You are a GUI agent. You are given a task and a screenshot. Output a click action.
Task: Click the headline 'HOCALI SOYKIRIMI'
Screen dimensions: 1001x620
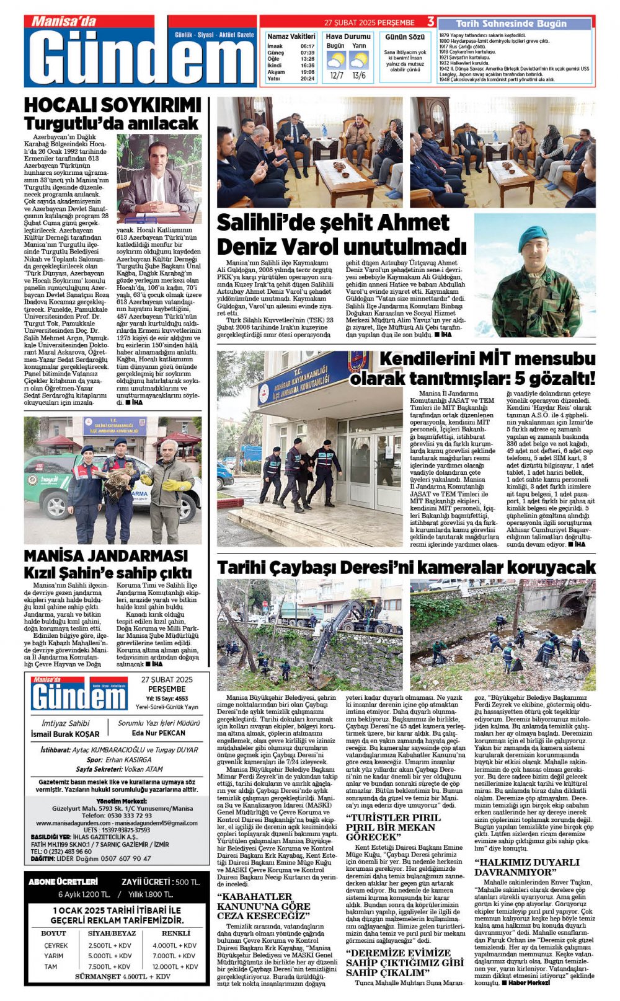point(112,105)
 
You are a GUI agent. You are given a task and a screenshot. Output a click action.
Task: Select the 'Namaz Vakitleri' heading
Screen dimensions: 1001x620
point(291,37)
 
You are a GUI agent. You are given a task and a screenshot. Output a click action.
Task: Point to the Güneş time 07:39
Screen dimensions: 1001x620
point(307,53)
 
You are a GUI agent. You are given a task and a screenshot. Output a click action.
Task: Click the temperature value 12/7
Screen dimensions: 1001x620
point(336,76)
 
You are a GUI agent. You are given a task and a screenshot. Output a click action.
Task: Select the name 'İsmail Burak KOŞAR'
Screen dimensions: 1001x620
point(65,734)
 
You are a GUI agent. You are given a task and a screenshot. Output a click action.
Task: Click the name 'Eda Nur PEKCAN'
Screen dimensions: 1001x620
point(159,733)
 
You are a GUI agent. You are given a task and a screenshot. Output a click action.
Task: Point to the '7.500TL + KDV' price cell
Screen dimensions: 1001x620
point(110,966)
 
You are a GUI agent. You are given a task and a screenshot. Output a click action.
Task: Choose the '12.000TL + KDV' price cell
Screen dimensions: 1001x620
point(175,966)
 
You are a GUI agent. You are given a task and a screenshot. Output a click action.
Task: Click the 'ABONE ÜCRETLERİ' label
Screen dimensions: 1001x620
point(63,881)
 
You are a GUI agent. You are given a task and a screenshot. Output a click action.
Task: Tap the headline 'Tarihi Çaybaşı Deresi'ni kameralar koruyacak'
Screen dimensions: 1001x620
point(406,567)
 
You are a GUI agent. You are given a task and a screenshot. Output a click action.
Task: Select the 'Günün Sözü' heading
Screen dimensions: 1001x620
point(405,37)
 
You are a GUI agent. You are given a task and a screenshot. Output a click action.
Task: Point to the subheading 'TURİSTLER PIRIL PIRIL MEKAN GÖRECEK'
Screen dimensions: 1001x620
point(393,827)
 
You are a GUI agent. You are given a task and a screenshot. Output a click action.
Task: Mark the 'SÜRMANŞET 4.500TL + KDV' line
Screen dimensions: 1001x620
point(122,977)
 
